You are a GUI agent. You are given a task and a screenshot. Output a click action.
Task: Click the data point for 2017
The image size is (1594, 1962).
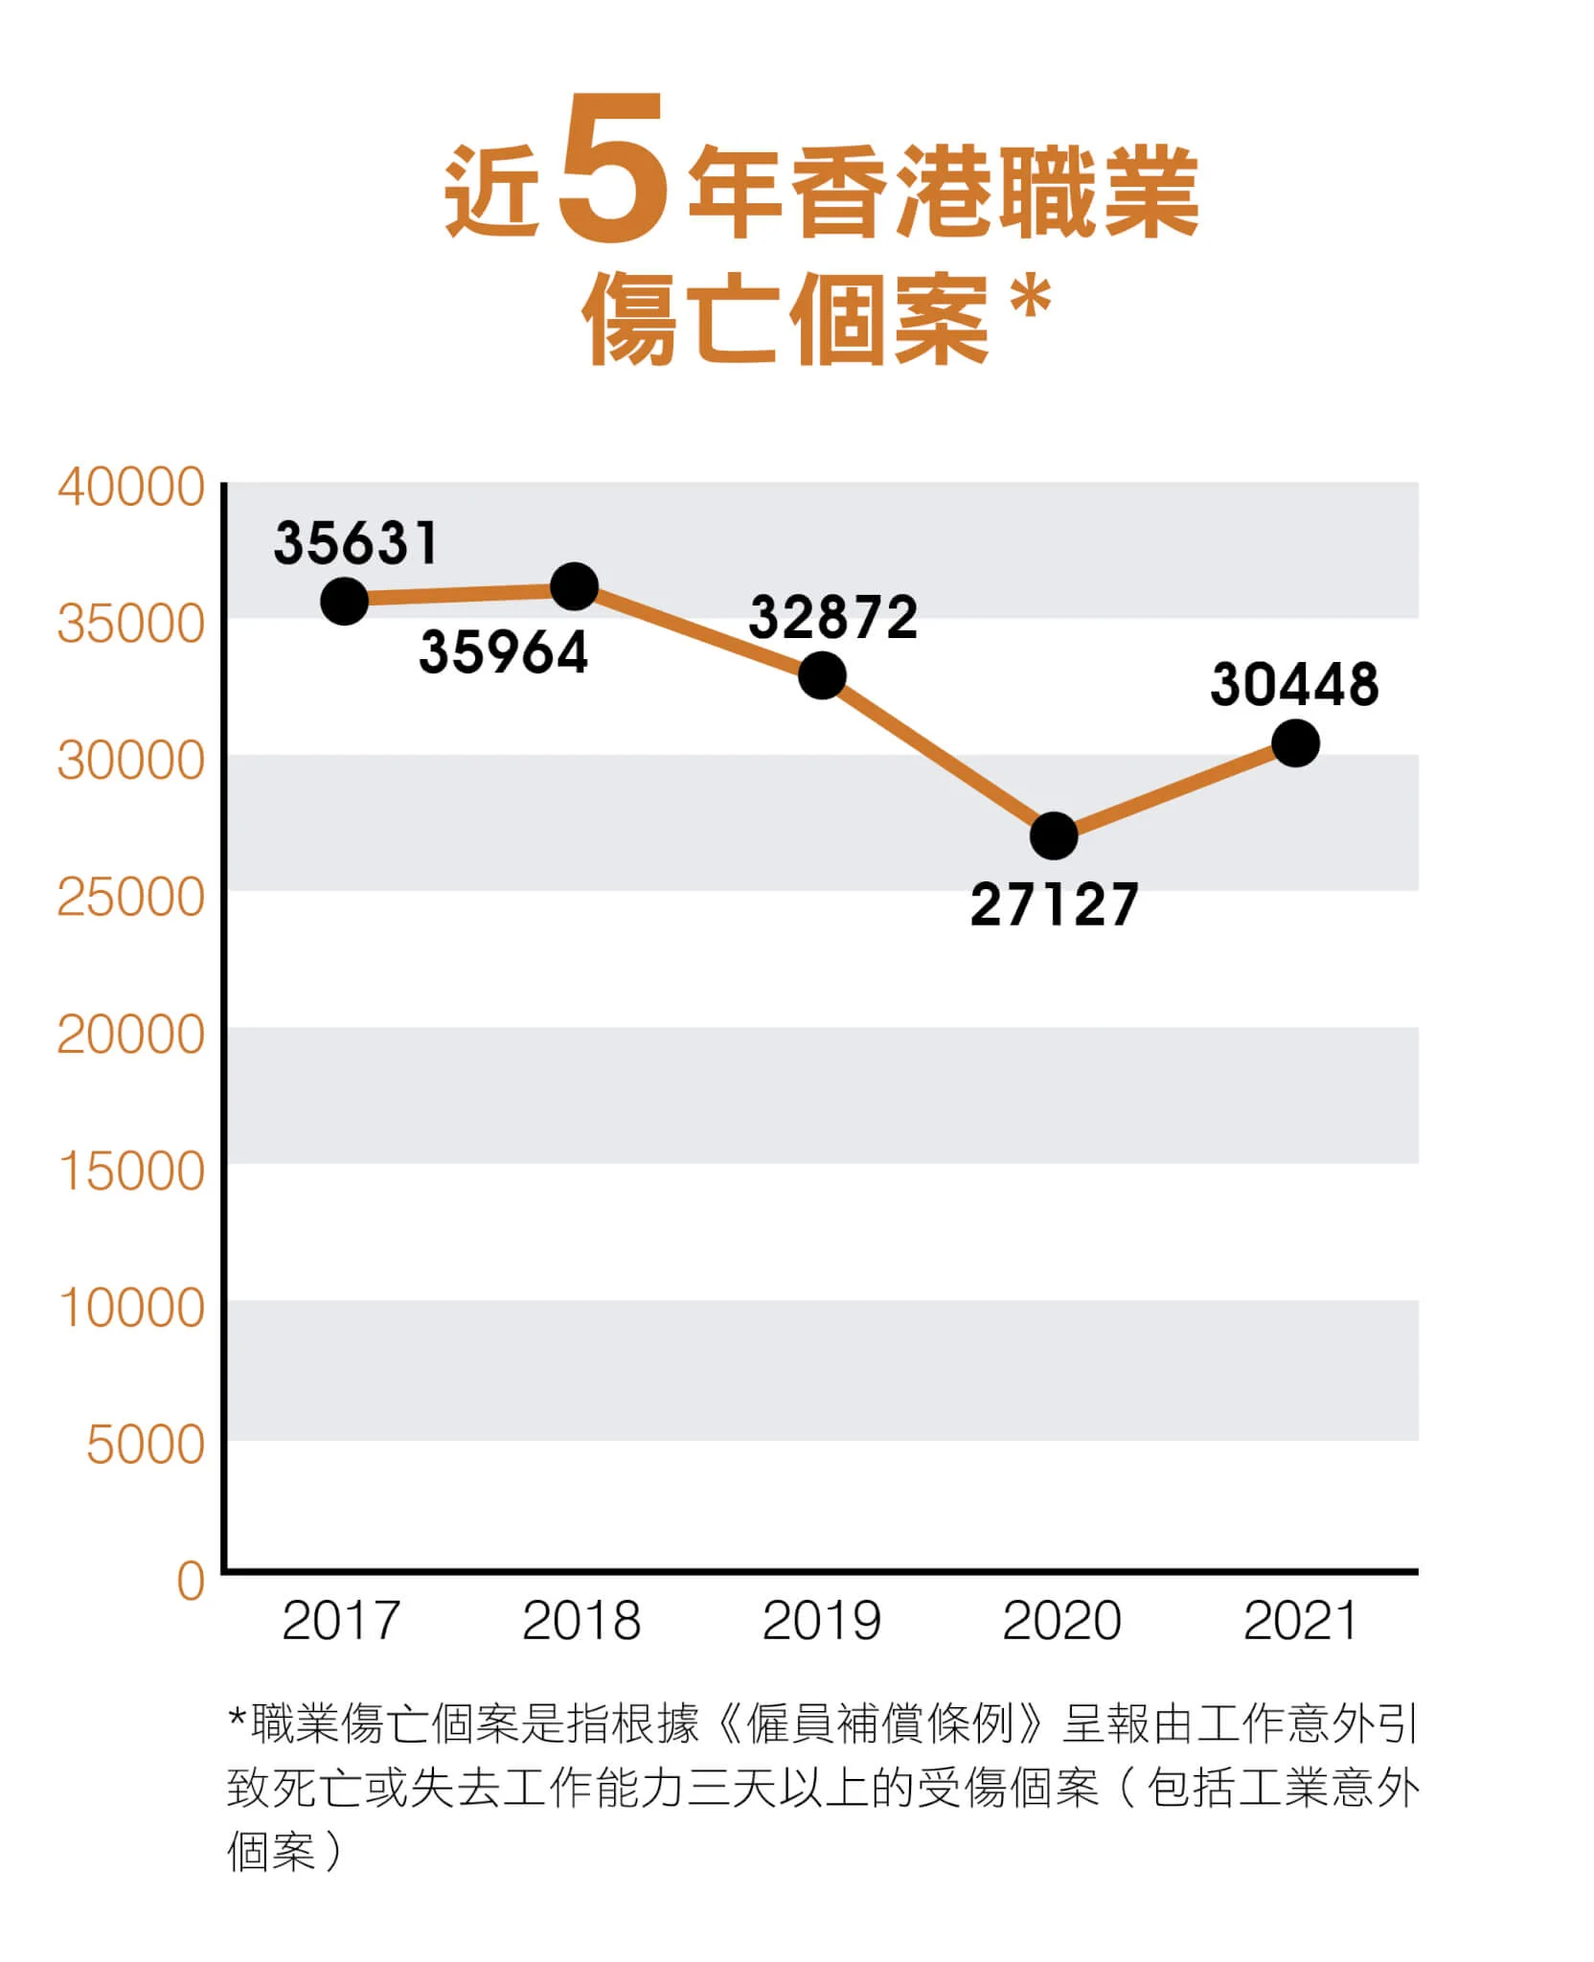pyautogui.click(x=344, y=602)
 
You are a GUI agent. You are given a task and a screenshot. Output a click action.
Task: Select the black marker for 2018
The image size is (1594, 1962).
pyautogui.click(x=575, y=586)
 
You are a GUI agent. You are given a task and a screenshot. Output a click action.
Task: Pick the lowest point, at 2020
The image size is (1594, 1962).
pyautogui.click(x=1054, y=836)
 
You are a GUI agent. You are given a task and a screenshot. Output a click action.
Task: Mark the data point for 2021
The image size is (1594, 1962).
pyautogui.click(x=1295, y=743)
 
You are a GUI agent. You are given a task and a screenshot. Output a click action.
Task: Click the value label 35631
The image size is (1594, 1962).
pyautogui.click(x=356, y=543)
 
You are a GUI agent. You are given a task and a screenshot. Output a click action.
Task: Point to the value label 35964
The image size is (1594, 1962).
pyautogui.click(x=504, y=653)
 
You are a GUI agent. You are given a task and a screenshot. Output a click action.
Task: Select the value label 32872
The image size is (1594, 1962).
pyautogui.click(x=833, y=617)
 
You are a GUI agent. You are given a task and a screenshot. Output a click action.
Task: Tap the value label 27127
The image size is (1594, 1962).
pyautogui.click(x=1054, y=905)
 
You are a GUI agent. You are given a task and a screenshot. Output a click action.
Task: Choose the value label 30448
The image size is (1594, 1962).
pyautogui.click(x=1294, y=686)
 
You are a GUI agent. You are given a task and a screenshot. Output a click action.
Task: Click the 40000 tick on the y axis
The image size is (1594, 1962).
pyautogui.click(x=131, y=488)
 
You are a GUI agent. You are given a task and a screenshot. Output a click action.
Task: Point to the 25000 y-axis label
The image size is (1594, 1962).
pyautogui.click(x=131, y=899)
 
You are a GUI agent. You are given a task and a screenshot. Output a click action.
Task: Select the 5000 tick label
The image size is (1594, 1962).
pyautogui.click(x=146, y=1445)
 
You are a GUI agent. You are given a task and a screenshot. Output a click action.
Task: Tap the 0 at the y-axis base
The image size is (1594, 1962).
pyautogui.click(x=191, y=1581)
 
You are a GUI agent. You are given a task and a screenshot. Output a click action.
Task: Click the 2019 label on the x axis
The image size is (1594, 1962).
pyautogui.click(x=821, y=1622)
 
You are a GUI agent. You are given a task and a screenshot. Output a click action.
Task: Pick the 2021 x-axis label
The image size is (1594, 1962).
pyautogui.click(x=1300, y=1622)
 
